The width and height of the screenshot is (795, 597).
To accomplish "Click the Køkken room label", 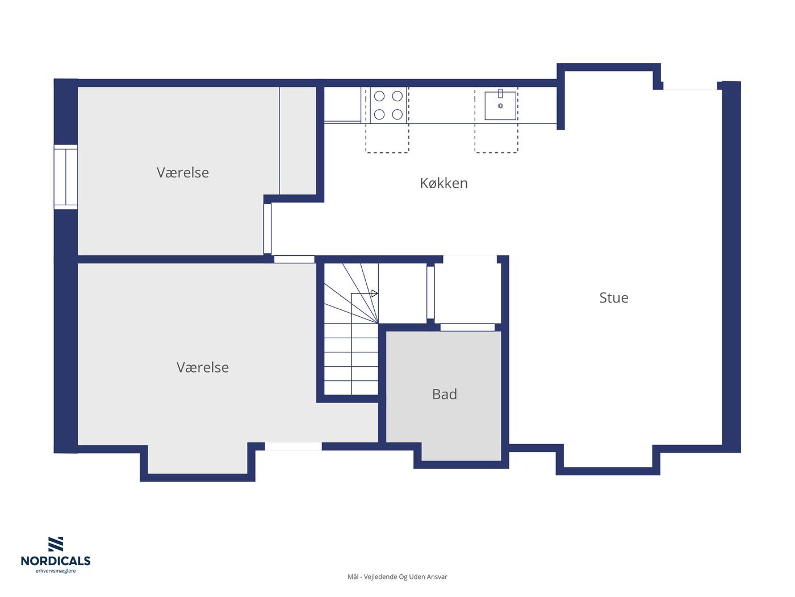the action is (x=443, y=183).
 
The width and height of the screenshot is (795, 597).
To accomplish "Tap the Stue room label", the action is (x=613, y=297).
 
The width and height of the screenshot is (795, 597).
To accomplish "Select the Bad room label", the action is (x=445, y=394).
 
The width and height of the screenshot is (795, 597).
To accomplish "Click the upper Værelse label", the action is (x=182, y=172).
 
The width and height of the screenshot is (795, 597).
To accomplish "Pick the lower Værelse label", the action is (x=203, y=367).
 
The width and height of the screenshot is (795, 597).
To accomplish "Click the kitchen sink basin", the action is (x=500, y=106).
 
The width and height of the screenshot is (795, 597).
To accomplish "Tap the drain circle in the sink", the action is (x=500, y=106).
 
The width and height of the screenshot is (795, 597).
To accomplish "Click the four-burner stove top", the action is (x=388, y=105).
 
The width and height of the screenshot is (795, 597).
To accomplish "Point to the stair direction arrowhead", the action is (x=375, y=293).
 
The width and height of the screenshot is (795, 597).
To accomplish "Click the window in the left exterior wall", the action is (x=65, y=177).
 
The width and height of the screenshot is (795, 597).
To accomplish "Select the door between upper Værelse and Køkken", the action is (x=267, y=229).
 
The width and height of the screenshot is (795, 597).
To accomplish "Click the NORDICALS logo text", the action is (x=56, y=561).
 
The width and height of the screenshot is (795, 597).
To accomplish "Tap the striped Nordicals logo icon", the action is (x=56, y=544).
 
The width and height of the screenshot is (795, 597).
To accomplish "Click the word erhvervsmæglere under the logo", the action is (x=56, y=571).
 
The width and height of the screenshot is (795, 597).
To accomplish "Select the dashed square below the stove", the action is (x=387, y=138).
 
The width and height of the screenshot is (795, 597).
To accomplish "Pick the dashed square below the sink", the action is (x=496, y=138).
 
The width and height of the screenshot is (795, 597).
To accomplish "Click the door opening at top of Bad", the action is (x=467, y=327).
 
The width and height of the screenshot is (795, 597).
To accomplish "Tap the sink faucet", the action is (x=500, y=93).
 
